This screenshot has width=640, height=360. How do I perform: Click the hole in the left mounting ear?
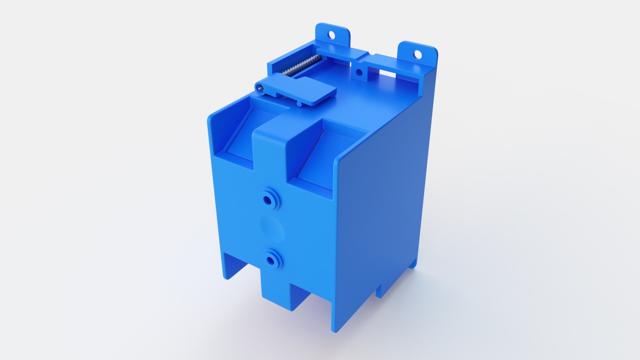click(x=331, y=34)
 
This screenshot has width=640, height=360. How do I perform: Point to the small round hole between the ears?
click(x=359, y=72)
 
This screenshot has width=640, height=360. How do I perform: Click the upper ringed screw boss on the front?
click(x=268, y=199)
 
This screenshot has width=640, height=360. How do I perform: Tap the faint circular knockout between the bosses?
click(x=272, y=229)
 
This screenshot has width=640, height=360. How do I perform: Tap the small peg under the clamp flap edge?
click(x=299, y=104)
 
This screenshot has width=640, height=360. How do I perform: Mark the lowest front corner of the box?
click(x=335, y=330)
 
